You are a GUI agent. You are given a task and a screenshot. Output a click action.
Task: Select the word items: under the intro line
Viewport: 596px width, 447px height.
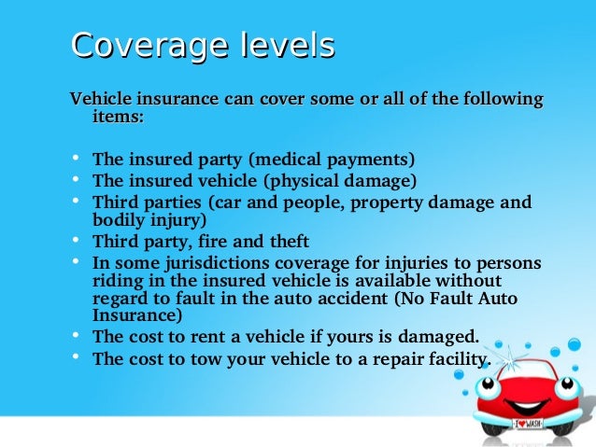(x=119, y=117)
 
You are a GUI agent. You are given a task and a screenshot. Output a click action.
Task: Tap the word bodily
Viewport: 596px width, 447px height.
(x=118, y=220)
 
